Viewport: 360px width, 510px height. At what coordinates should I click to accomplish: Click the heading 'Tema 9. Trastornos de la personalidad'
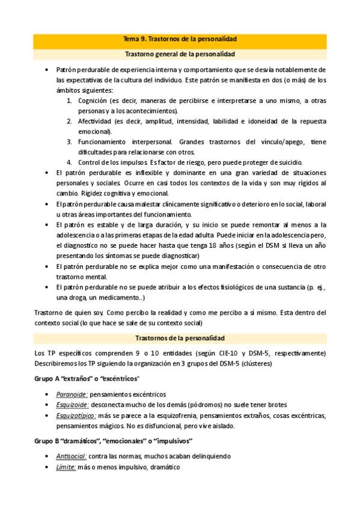coord(179,39)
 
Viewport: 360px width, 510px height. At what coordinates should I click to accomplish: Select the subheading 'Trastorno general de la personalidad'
coord(179,54)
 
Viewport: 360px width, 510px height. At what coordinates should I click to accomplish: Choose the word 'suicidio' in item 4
coord(290,162)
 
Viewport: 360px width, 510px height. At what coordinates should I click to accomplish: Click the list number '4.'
coord(69,162)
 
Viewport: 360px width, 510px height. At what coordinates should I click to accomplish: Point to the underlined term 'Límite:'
coord(66,467)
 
